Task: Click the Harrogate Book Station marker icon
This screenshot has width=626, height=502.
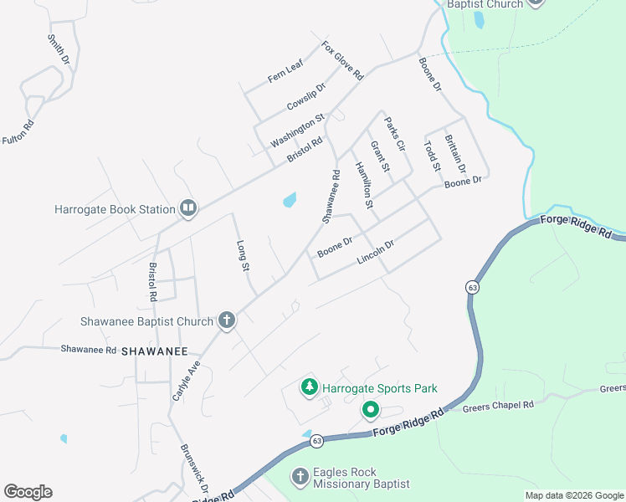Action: [x=188, y=209]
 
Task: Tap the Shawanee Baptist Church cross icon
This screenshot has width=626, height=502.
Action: [x=226, y=320]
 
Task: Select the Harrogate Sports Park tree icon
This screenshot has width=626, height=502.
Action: [x=310, y=387]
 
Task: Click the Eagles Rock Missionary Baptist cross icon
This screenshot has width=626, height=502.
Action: [x=300, y=477]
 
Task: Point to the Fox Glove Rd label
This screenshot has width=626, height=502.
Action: [x=343, y=60]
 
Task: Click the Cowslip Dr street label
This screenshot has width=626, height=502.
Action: [x=305, y=96]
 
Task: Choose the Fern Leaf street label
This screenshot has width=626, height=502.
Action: [x=285, y=73]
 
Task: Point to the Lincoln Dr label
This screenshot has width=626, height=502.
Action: [x=375, y=251]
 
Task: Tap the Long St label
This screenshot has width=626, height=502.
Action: [x=244, y=256]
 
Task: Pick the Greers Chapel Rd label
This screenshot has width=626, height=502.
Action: [x=498, y=406]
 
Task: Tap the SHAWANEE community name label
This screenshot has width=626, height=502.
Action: [x=154, y=352]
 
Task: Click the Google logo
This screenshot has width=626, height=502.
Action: [x=28, y=492]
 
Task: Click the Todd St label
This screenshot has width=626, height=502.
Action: [x=431, y=156]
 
